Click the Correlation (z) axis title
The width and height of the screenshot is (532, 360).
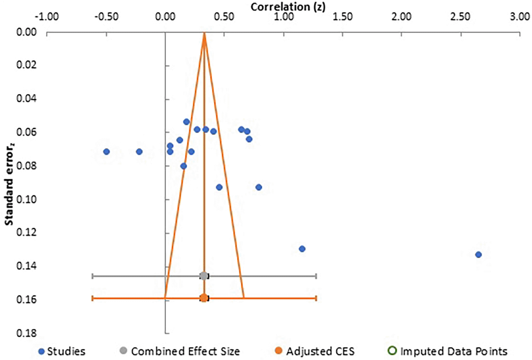[288, 6]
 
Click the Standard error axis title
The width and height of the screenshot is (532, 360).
[9, 184]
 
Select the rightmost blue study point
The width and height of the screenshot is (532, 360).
[478, 255]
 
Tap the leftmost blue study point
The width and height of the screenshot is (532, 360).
[106, 152]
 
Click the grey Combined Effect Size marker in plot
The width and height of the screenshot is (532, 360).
[203, 276]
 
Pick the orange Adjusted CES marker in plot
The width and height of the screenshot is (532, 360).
[203, 298]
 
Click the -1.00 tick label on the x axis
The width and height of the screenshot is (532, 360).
[47, 16]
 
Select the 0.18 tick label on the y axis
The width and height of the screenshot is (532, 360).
[26, 333]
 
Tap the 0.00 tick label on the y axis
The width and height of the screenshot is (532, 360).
[26, 32]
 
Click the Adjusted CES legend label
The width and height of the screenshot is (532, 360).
[320, 351]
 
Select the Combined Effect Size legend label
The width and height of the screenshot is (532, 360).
[185, 351]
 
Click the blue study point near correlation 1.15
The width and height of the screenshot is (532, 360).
[302, 249]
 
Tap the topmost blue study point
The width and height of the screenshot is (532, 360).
[186, 122]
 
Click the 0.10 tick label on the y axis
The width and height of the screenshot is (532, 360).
[26, 199]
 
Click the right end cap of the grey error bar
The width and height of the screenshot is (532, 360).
[316, 276]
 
